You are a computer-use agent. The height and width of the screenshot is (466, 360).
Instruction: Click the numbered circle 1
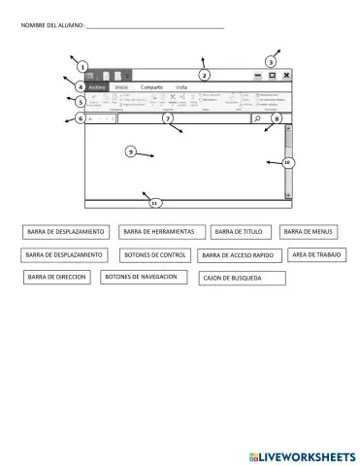click(84, 65)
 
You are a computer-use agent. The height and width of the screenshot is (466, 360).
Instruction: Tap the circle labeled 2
click(204, 75)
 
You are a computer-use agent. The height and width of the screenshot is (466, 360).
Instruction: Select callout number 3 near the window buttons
click(271, 62)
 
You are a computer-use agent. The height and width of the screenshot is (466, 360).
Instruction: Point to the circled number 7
click(167, 118)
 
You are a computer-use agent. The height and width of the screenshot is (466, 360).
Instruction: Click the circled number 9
click(130, 151)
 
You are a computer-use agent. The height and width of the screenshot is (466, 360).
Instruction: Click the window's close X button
click(287, 75)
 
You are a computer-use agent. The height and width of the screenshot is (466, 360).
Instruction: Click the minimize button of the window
click(258, 75)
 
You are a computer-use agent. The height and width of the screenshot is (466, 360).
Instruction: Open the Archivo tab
click(96, 87)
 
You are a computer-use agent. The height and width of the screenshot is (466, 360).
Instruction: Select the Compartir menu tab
click(151, 87)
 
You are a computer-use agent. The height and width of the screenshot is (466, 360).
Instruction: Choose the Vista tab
click(181, 87)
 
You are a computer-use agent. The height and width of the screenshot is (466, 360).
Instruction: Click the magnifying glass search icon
click(257, 118)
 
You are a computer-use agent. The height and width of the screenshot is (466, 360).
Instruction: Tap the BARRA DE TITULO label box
click(239, 232)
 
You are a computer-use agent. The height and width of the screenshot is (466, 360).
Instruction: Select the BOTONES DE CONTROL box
click(155, 254)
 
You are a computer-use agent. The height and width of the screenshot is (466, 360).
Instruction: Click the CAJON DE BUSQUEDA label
click(242, 278)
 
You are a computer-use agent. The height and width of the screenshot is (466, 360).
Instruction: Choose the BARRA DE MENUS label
click(309, 232)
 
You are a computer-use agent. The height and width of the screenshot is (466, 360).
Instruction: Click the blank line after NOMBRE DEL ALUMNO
click(155, 26)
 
